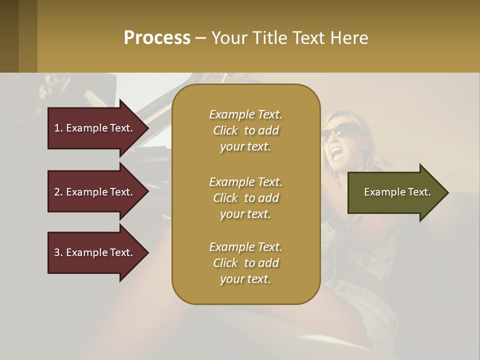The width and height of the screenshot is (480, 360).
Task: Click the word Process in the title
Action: [x=157, y=38]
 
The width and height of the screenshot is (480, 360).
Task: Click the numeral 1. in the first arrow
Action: [x=58, y=128]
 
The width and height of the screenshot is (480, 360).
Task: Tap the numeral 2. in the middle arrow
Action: [x=58, y=192]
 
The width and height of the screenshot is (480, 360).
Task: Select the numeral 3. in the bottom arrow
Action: [x=58, y=252]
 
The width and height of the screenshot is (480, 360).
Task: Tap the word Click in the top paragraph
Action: [x=225, y=130]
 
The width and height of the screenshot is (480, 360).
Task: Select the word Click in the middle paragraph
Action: [x=225, y=198]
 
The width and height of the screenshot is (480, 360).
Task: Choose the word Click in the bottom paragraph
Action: [x=225, y=263]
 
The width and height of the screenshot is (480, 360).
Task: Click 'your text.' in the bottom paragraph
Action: [x=245, y=279]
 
